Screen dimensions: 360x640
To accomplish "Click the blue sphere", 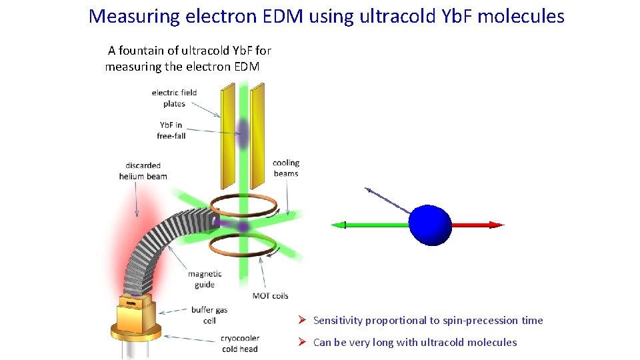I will point(430,225).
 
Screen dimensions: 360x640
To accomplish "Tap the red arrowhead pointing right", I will point(496,225).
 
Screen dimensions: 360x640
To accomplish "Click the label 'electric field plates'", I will point(174,98).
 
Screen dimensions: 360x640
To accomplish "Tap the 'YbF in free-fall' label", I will point(172,130).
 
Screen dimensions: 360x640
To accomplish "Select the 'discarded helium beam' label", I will point(143,171).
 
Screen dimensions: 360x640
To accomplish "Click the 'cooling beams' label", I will point(286,168).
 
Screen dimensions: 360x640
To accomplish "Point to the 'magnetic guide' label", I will point(205,279).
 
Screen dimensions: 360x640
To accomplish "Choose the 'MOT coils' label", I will point(271,295).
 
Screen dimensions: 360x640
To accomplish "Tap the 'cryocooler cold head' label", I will point(239,343).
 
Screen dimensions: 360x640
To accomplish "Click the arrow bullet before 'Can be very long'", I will point(301,342).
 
